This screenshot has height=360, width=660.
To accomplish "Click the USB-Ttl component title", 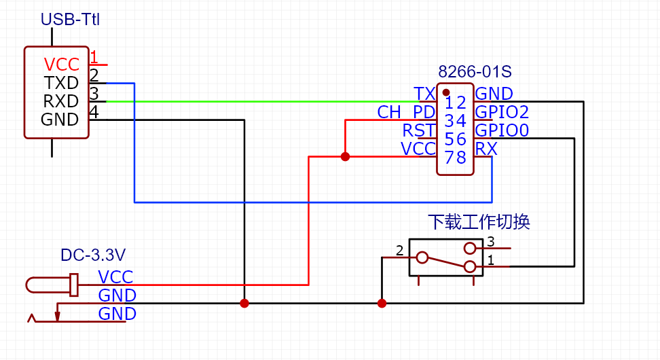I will [x=70, y=20].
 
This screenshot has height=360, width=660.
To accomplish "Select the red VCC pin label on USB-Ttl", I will [x=62, y=65].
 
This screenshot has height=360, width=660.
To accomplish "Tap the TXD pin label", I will [x=61, y=83].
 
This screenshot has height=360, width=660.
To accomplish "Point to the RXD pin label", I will [x=61, y=101].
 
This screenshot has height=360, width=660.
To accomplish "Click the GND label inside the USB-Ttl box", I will [x=60, y=120].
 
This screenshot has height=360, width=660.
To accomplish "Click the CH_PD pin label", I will [x=406, y=112].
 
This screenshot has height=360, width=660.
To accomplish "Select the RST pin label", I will [x=418, y=130].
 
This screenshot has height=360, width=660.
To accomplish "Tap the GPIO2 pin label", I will [x=502, y=112].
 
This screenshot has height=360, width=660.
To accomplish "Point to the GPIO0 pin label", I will [x=502, y=130].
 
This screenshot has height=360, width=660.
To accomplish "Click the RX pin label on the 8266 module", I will [x=486, y=149].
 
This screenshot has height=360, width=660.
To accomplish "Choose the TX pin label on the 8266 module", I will [x=424, y=94].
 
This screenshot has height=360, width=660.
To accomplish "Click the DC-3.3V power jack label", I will [x=93, y=255].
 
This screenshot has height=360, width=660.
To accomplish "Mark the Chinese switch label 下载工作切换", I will [x=479, y=222].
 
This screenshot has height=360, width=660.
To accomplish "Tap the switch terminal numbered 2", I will [x=400, y=251].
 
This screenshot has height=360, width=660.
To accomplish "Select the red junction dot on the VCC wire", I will [x=345, y=156].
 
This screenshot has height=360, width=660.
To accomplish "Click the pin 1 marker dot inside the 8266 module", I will [x=446, y=92].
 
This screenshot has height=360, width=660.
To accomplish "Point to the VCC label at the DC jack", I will [x=115, y=277].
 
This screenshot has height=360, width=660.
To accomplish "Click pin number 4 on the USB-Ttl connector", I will [x=94, y=112].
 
